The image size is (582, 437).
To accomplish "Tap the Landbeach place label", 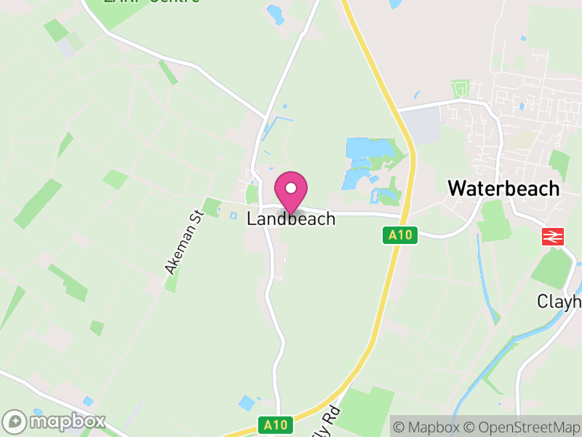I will [x=291, y=219].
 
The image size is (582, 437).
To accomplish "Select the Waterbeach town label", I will [x=503, y=188].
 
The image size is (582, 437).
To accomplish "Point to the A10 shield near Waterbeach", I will [x=399, y=235].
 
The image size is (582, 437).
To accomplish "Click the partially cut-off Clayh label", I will [x=559, y=301].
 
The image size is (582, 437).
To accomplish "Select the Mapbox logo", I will [x=55, y=421].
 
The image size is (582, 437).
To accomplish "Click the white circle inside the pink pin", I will [x=291, y=188].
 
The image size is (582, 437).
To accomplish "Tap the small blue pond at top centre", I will [x=275, y=12].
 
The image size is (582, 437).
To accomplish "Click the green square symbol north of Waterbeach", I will [x=460, y=90].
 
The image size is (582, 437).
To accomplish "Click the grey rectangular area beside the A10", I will [x=423, y=126].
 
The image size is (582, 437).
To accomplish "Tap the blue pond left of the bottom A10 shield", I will [x=247, y=402].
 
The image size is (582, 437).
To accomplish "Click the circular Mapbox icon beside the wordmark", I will [x=15, y=422].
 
